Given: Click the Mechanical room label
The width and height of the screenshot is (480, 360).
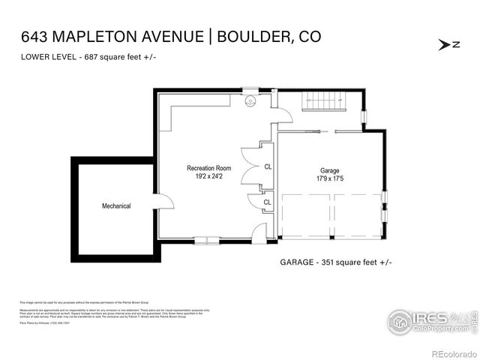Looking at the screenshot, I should coord(116,206).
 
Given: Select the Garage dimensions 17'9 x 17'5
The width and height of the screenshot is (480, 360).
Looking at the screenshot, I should coord(329,178).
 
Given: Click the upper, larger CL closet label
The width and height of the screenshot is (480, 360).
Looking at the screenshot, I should coord(268,167).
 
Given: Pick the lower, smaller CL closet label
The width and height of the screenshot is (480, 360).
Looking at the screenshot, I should coord(268,202).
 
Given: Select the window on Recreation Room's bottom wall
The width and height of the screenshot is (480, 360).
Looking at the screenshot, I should coord(207,241).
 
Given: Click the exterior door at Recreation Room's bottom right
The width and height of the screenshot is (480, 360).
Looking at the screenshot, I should coord(259,235).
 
